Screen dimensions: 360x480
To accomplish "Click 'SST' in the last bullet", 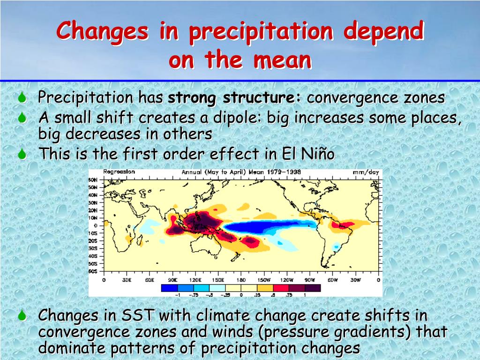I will click(x=139, y=315).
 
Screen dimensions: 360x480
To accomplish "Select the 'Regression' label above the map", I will click(x=119, y=172).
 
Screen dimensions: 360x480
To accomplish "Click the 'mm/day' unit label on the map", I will click(x=366, y=172).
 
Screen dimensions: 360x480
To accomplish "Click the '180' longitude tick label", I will click(x=241, y=280).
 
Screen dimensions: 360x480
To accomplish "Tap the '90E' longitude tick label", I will click(x=172, y=280).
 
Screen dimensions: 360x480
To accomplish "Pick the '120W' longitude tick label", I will click(x=286, y=280).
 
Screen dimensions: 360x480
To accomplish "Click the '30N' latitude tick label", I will click(x=93, y=202).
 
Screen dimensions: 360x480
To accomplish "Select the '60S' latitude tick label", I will click(x=93, y=271).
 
